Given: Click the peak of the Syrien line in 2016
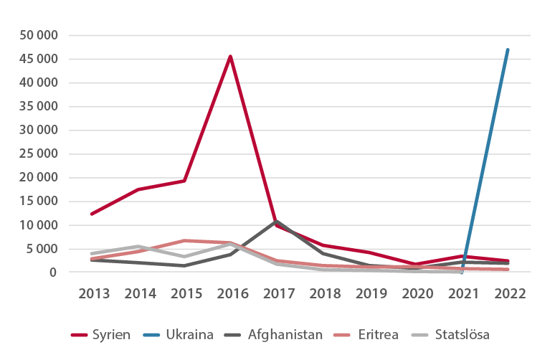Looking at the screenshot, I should pyautogui.click(x=230, y=56).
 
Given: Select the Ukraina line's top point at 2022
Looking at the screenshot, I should pyautogui.click(x=508, y=49).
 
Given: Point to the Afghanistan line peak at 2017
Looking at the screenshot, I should pyautogui.click(x=277, y=221).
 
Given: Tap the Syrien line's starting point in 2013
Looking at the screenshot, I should pyautogui.click(x=91, y=214).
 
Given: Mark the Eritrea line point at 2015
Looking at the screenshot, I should pyautogui.click(x=184, y=240).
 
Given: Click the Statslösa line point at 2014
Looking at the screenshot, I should pyautogui.click(x=138, y=246).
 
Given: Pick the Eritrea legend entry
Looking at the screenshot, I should pyautogui.click(x=376, y=333).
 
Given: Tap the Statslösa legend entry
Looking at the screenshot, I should pyautogui.click(x=455, y=333).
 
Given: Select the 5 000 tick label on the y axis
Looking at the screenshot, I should pyautogui.click(x=44, y=249).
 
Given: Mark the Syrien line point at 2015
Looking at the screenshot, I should pyautogui.click(x=184, y=181).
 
